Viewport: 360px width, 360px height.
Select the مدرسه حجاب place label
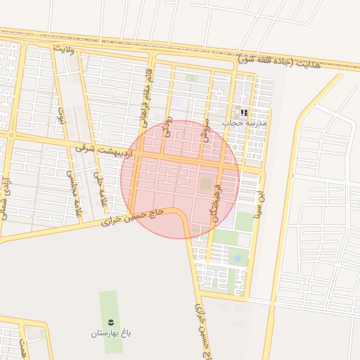[245, 122]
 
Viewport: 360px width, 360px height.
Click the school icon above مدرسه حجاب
[244, 112]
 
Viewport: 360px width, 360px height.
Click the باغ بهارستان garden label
[111, 333]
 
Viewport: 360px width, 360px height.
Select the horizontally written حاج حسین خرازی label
[134, 217]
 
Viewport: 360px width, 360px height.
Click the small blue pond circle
[237, 259]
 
